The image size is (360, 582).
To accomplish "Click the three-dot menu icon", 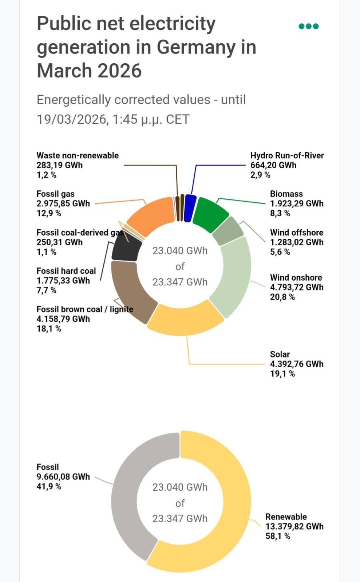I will [x=308, y=26].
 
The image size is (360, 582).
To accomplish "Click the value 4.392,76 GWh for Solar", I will [x=296, y=364].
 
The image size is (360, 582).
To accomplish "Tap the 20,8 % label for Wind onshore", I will [x=282, y=297].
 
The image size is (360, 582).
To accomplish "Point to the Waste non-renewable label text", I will [x=78, y=155].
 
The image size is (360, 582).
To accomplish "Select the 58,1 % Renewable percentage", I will [x=277, y=536].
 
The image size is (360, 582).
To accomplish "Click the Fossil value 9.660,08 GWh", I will [x=63, y=477].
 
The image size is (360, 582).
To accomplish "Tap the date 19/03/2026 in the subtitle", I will [x=72, y=119].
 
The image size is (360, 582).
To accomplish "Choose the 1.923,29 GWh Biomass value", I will [x=296, y=203].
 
